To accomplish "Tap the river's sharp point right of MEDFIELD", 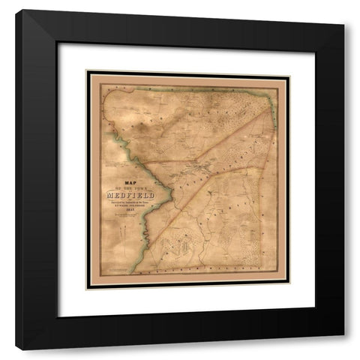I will (174, 199).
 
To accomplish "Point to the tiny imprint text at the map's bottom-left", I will (124, 268).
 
